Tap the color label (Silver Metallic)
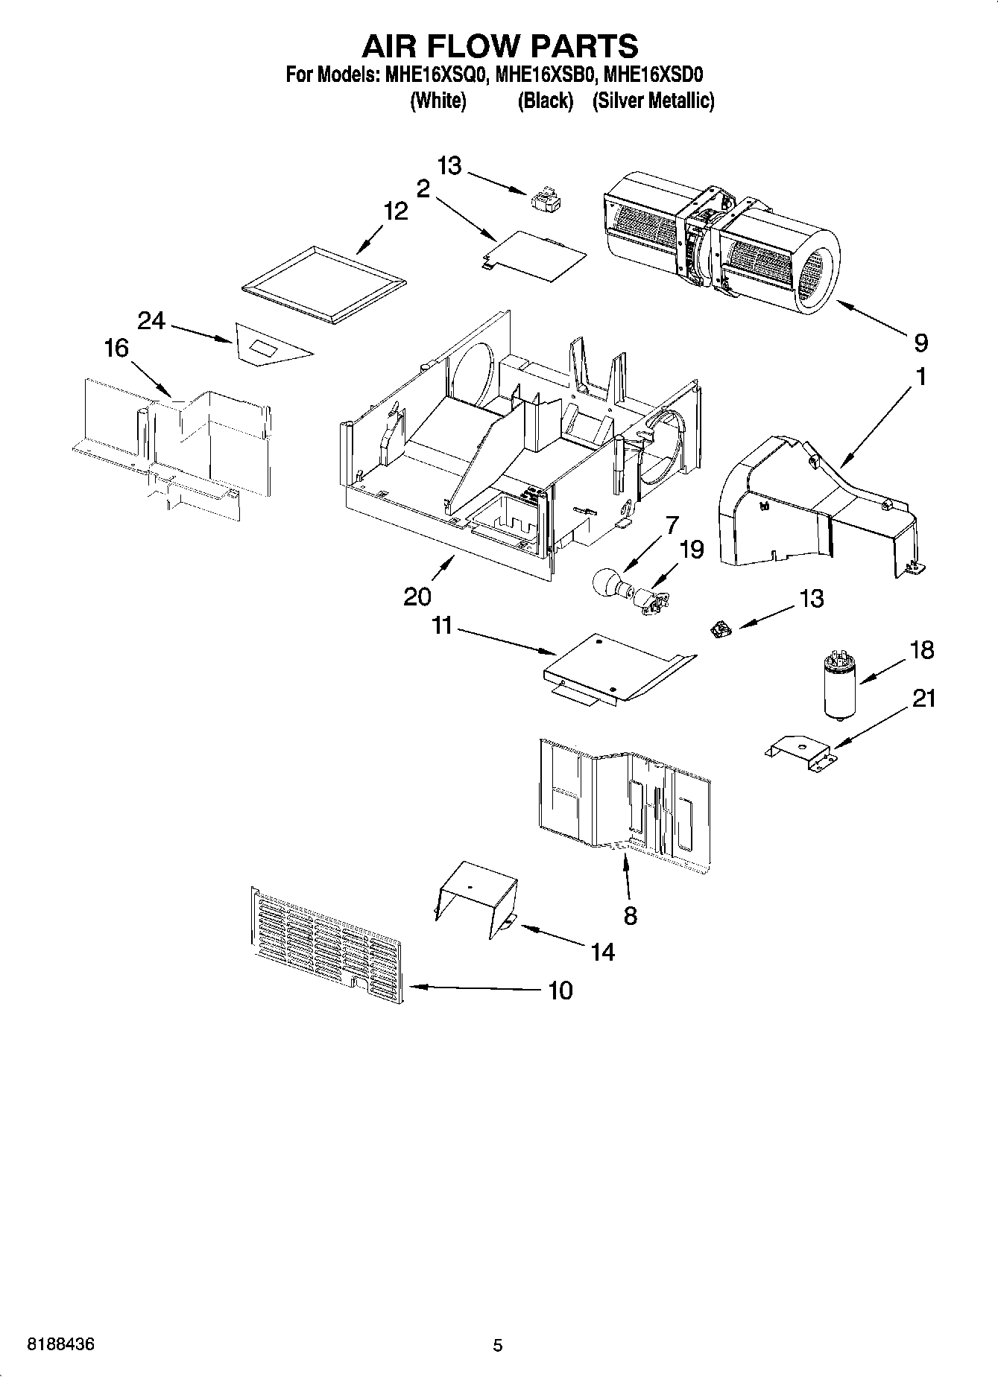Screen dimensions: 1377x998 pos(653,101)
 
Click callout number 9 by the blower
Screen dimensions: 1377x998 pos(921,343)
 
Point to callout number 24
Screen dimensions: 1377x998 pos(151,321)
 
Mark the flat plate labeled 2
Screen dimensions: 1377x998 pos(534,255)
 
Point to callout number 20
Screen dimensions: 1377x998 pos(417,597)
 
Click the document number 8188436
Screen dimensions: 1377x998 pos(61,1345)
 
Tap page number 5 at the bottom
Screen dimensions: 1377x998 pos(498,1346)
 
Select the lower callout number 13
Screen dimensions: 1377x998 pos(811,599)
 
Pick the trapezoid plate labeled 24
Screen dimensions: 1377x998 pos(267,345)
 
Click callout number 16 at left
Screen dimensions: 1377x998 pos(116,348)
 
